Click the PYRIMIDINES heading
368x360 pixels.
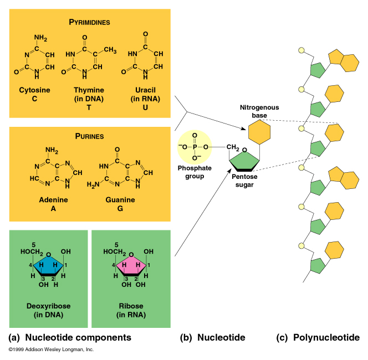(x=89, y=22)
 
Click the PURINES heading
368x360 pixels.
(x=89, y=135)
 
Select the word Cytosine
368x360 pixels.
(x=34, y=90)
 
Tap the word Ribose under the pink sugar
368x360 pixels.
(x=131, y=306)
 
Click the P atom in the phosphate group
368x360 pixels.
(x=195, y=147)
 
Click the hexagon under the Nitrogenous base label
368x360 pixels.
(x=258, y=132)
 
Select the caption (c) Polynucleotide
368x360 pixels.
(x=318, y=337)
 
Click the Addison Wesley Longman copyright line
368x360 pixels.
(x=51, y=350)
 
